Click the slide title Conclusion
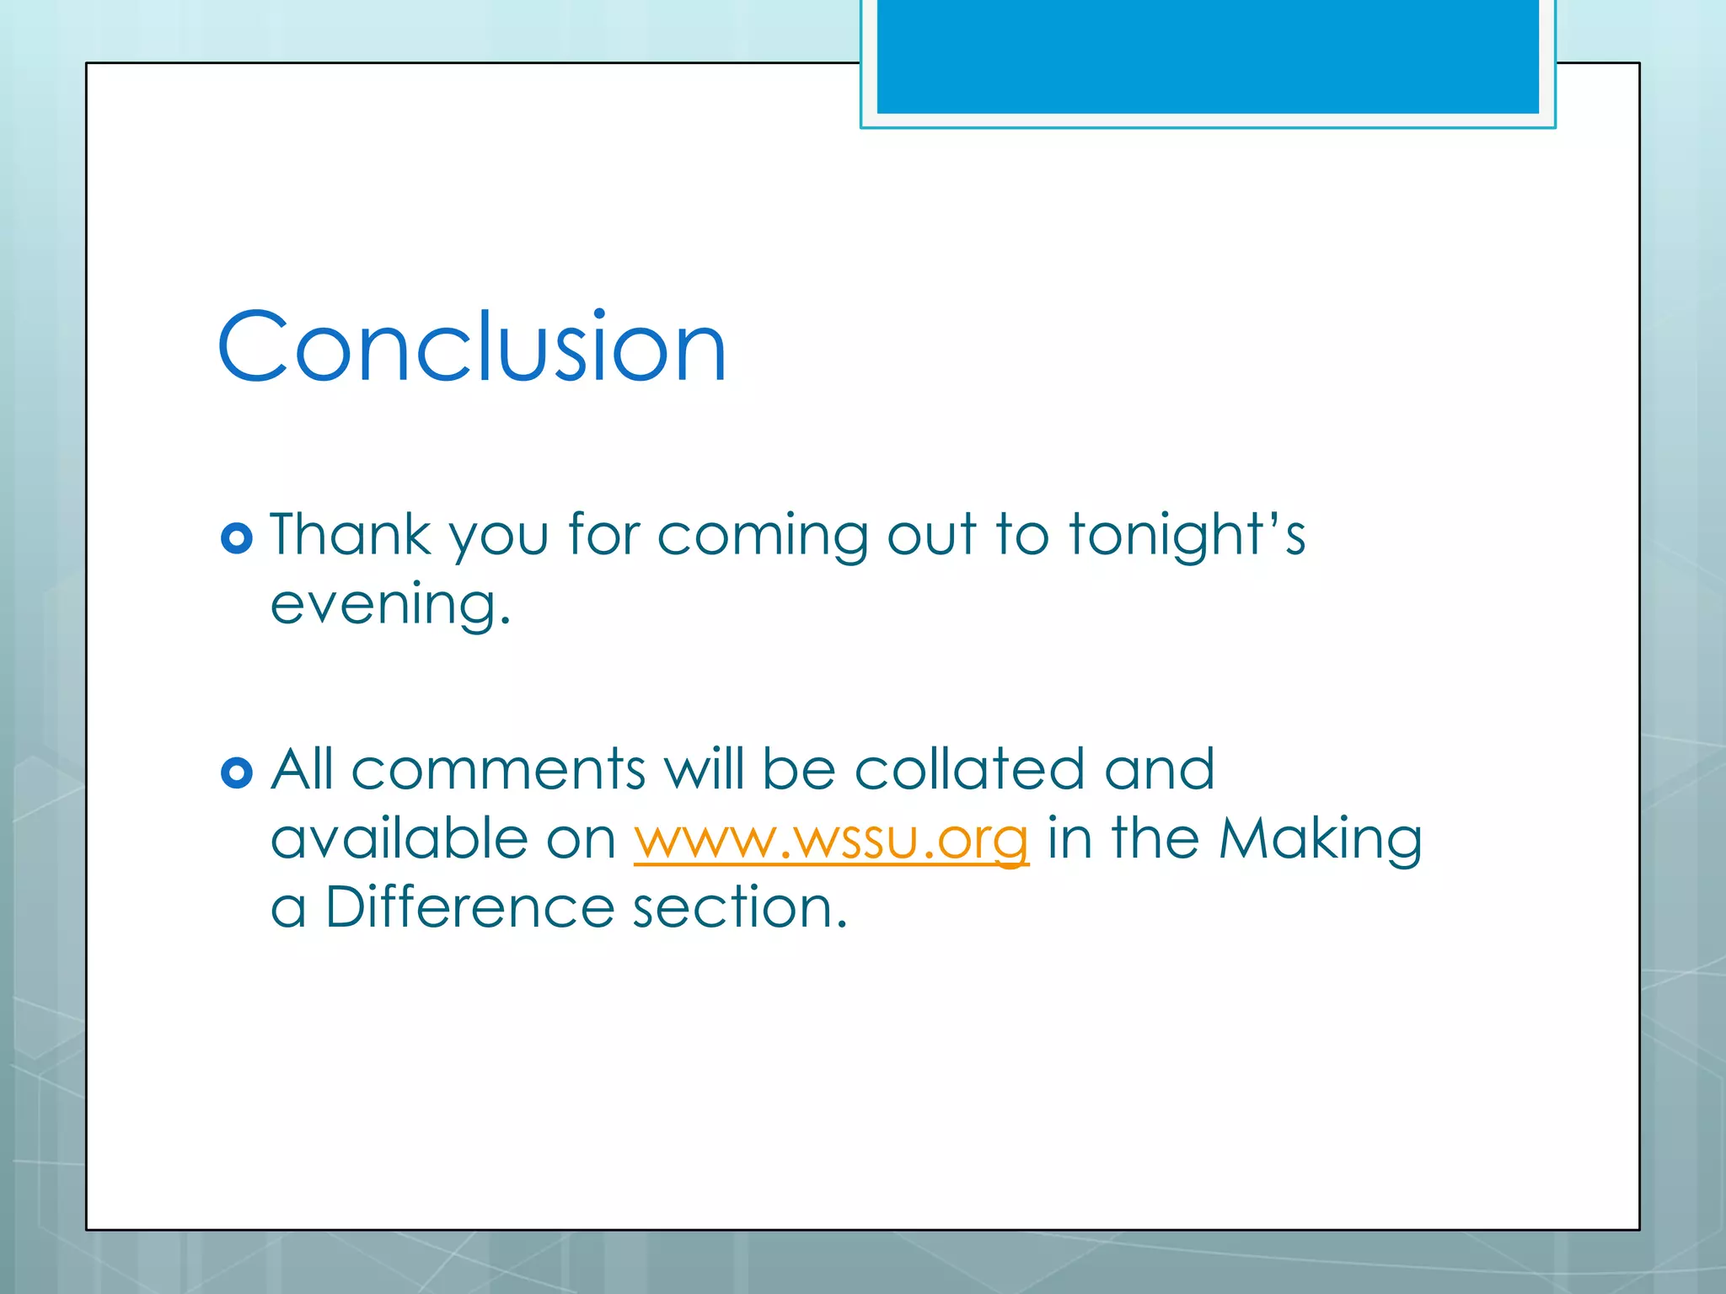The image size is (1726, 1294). [472, 346]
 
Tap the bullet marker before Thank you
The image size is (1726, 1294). [237, 538]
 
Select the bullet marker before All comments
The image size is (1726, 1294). [237, 773]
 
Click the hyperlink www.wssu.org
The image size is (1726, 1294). [831, 839]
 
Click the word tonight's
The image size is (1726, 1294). [1187, 536]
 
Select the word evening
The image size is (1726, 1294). [389, 605]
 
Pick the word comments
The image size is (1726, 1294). [498, 770]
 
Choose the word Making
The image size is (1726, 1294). [1320, 839]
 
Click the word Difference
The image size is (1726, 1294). [469, 907]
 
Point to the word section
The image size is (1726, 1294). [738, 908]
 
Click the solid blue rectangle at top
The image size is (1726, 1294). [1208, 56]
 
